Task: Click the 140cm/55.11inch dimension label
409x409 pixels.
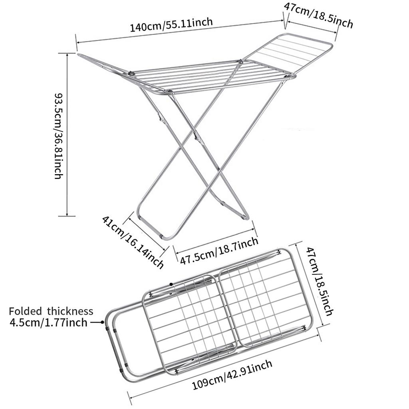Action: pos(171,24)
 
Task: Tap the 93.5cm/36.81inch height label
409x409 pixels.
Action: pos(59,136)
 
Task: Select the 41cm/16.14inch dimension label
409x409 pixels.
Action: pos(133,242)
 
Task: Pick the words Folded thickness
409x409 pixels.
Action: pos(51,311)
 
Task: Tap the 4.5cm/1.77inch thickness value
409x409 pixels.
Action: pos(48,323)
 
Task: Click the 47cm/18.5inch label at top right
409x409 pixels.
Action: pos(318,15)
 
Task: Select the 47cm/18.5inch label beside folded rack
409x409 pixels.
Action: pos(320,281)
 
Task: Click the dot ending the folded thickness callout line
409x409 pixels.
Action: pos(103,322)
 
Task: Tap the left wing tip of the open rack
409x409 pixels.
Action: pos(79,54)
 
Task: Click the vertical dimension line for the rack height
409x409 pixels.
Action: pos(67,135)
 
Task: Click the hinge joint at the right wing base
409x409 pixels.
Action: pos(288,76)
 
